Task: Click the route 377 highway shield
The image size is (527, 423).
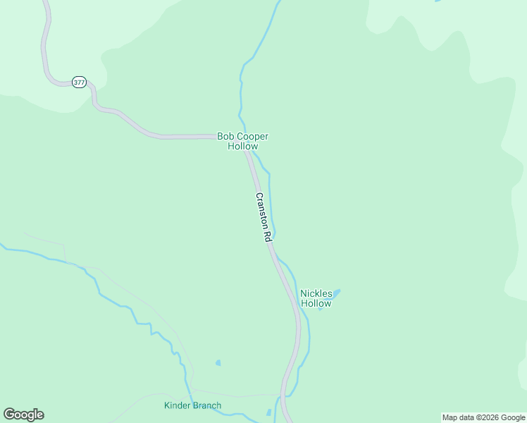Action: [78, 82]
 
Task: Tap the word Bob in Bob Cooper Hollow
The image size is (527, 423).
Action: [225, 136]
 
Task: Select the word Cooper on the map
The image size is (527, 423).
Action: [253, 136]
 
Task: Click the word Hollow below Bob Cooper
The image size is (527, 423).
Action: [242, 146]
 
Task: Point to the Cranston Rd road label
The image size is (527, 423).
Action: [263, 218]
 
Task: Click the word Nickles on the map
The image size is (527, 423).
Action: [316, 293]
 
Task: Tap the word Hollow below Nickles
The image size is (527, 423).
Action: [316, 304]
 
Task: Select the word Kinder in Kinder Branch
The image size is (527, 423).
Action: [178, 405]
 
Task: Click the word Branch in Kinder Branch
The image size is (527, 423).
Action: [208, 405]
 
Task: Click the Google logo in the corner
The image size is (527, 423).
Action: [23, 415]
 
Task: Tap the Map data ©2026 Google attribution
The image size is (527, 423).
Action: [483, 417]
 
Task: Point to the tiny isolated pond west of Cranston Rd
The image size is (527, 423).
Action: [218, 362]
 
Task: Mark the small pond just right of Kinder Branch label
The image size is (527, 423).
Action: [268, 412]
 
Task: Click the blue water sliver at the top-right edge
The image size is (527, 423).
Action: [438, 1]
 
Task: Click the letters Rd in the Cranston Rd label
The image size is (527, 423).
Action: [268, 238]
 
